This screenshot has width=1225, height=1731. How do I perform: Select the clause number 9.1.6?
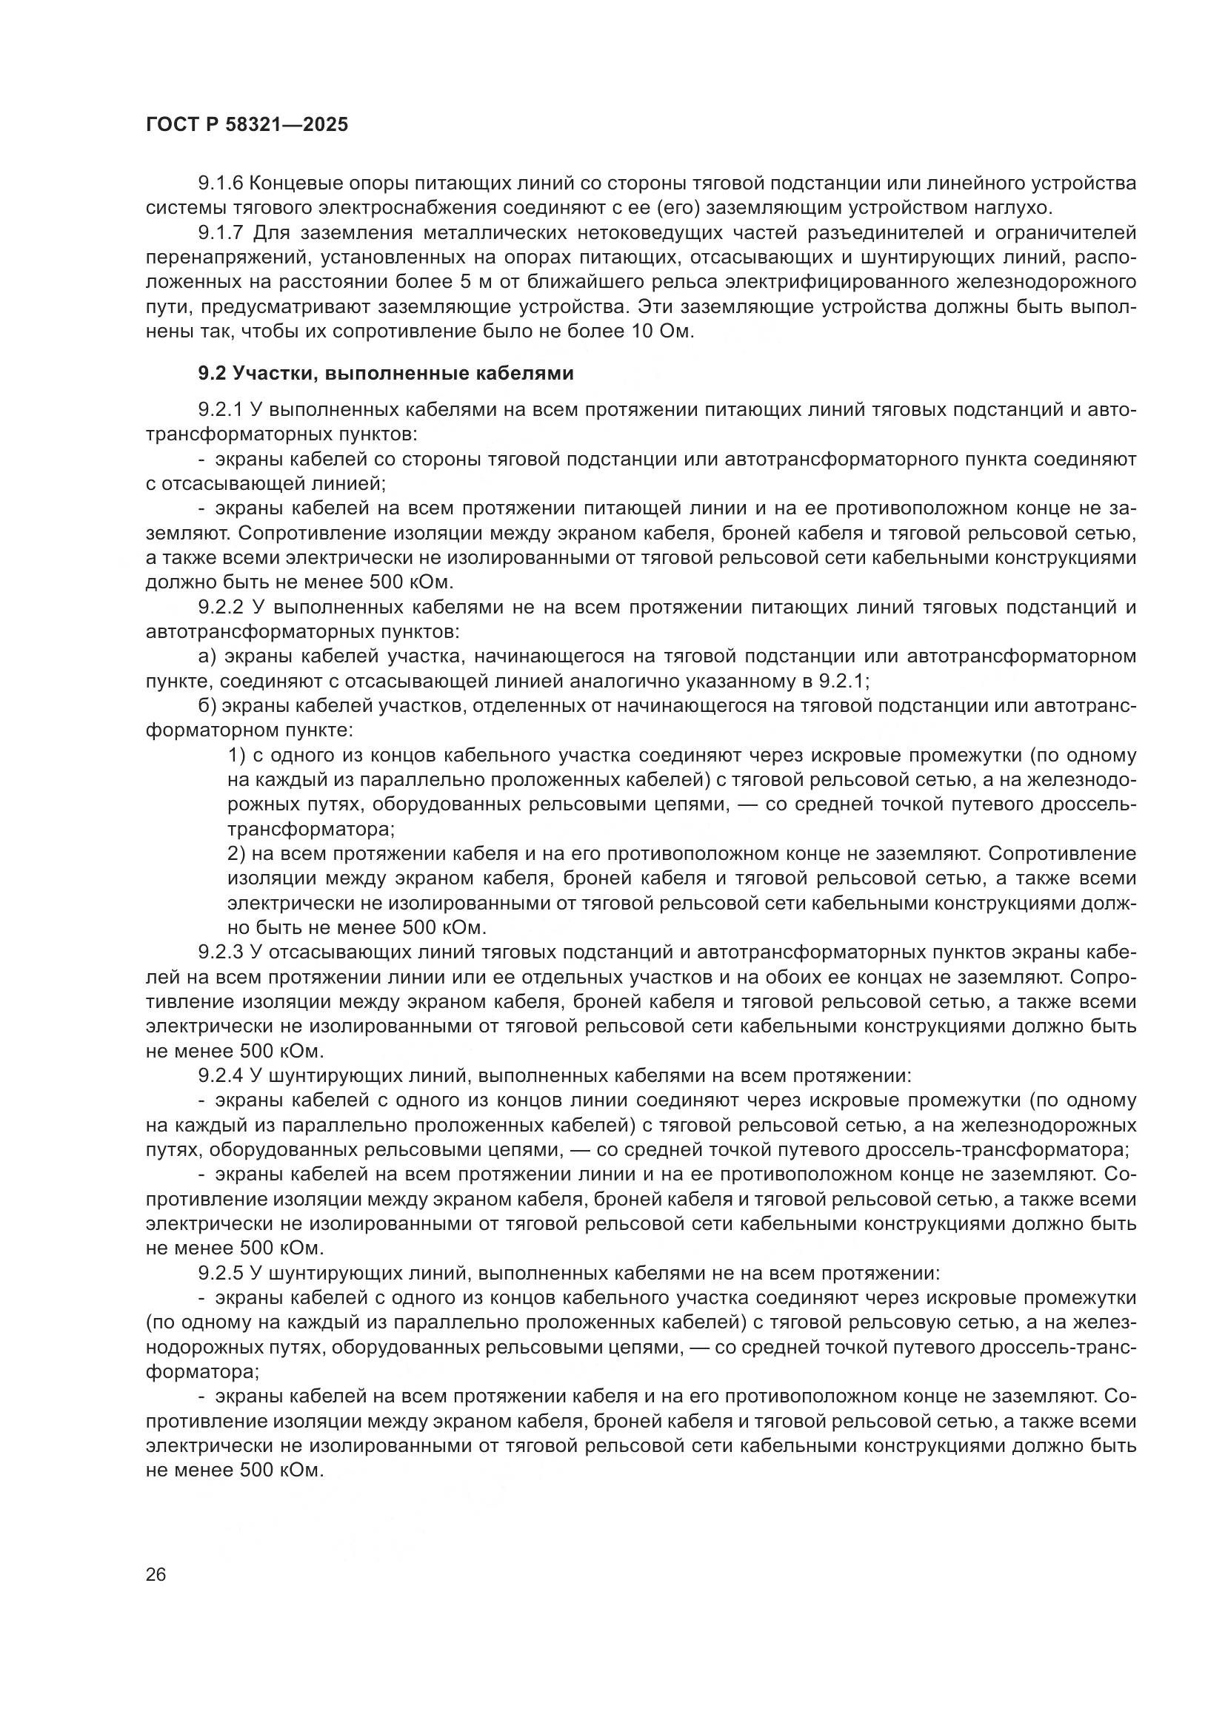pyautogui.click(x=219, y=184)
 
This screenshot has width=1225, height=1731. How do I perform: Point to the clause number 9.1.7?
pyautogui.click(x=219, y=233)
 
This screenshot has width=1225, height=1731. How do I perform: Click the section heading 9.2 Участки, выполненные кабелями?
pyautogui.click(x=385, y=373)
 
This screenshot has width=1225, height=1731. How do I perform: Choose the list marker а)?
pyautogui.click(x=207, y=656)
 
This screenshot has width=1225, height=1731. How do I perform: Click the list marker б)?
pyautogui.click(x=207, y=707)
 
